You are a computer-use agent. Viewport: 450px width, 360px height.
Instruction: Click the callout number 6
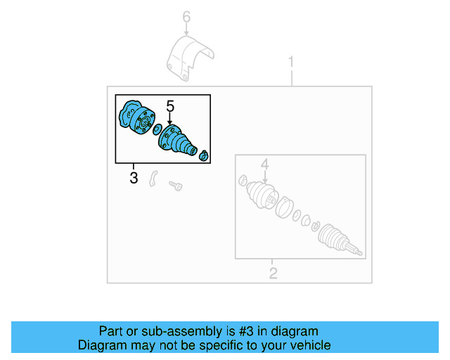tap(186, 15)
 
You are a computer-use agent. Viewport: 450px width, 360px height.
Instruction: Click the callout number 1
tap(291, 63)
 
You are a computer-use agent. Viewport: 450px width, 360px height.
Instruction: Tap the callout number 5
tap(169, 105)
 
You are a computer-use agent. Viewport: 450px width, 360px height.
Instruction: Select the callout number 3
tap(134, 178)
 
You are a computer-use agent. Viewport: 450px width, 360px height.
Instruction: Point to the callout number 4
tap(265, 165)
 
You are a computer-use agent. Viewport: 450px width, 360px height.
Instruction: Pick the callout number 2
tap(274, 273)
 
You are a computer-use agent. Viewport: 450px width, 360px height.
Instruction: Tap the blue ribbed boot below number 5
tap(176, 139)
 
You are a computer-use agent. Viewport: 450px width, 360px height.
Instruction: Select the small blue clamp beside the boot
tap(204, 155)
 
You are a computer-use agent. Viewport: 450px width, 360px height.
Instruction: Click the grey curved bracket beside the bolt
tap(155, 179)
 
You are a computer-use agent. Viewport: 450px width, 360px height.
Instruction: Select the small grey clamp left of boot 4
tap(243, 180)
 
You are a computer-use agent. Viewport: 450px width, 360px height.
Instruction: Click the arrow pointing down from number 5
tap(169, 120)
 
